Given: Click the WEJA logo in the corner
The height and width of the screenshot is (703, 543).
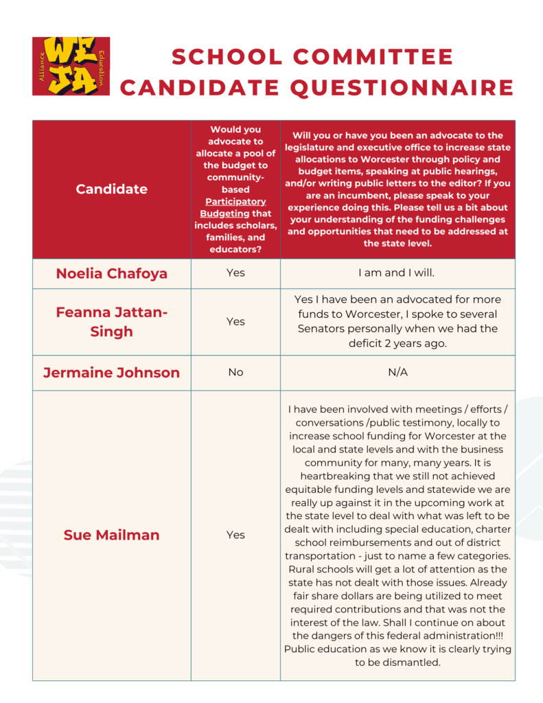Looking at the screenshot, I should [71, 66].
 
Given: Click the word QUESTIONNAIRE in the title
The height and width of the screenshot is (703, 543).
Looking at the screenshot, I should [402, 88].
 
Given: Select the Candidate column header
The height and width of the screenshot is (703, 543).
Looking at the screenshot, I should [111, 189].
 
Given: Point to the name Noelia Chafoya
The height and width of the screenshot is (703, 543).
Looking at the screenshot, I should [111, 273].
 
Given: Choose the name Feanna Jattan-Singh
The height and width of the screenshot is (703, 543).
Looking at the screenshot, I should [111, 321].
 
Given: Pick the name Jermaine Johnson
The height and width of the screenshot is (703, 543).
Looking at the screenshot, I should [111, 373].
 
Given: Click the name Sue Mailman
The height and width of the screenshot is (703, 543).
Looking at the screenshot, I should [111, 535].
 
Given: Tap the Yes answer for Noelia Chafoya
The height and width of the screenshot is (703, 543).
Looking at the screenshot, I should [235, 273].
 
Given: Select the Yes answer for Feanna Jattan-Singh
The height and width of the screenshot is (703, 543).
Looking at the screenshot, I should [235, 321].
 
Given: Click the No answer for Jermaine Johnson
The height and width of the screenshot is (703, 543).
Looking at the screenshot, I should [235, 373].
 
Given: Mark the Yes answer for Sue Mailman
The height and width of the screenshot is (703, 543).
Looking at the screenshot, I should [235, 535].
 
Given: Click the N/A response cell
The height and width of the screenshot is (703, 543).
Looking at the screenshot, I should [397, 373].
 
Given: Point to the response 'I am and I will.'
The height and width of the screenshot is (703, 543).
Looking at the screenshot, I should [397, 273].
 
